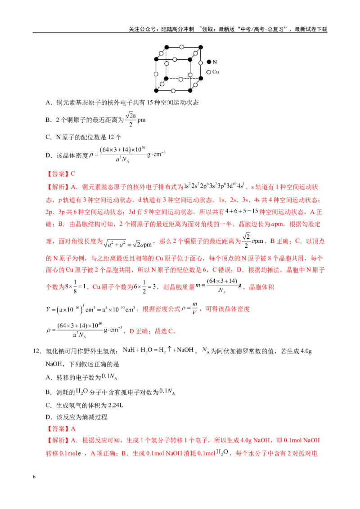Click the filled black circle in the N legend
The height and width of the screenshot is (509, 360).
209,62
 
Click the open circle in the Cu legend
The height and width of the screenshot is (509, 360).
209,72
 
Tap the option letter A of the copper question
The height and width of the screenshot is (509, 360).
48,103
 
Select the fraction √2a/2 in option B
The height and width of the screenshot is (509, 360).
130,120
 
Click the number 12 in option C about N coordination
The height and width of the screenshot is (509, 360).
111,137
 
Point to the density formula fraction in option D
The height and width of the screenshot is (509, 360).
123,155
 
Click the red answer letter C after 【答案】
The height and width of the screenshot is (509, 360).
73,174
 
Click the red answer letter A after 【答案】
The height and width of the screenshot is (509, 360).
73,429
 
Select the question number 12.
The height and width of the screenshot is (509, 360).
36,351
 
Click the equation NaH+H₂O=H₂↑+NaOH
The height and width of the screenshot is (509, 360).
158,350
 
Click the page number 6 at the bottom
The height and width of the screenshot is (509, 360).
34,477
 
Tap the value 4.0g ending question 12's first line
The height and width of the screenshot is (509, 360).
306,351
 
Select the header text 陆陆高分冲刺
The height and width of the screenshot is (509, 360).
178,29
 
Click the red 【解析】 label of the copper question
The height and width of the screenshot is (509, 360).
57,187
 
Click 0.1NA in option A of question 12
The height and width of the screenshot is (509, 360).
109,376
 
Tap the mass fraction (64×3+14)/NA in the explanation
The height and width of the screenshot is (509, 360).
222,285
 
